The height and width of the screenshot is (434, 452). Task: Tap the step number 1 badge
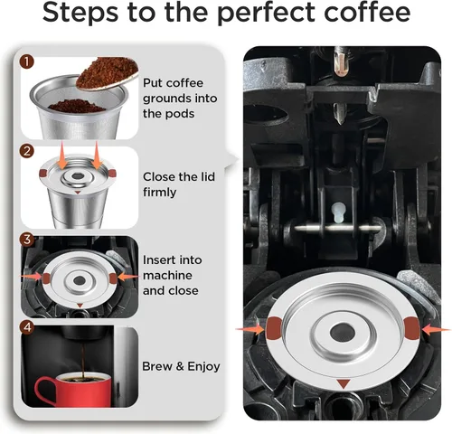tap(27, 62)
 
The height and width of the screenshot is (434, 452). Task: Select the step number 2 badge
tap(27, 151)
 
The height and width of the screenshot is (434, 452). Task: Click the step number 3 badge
tap(27, 240)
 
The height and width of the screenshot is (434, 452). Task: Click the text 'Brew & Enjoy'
tap(181, 367)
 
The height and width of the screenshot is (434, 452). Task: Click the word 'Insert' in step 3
tap(161, 260)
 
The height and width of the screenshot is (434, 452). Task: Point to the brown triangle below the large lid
tap(342, 385)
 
